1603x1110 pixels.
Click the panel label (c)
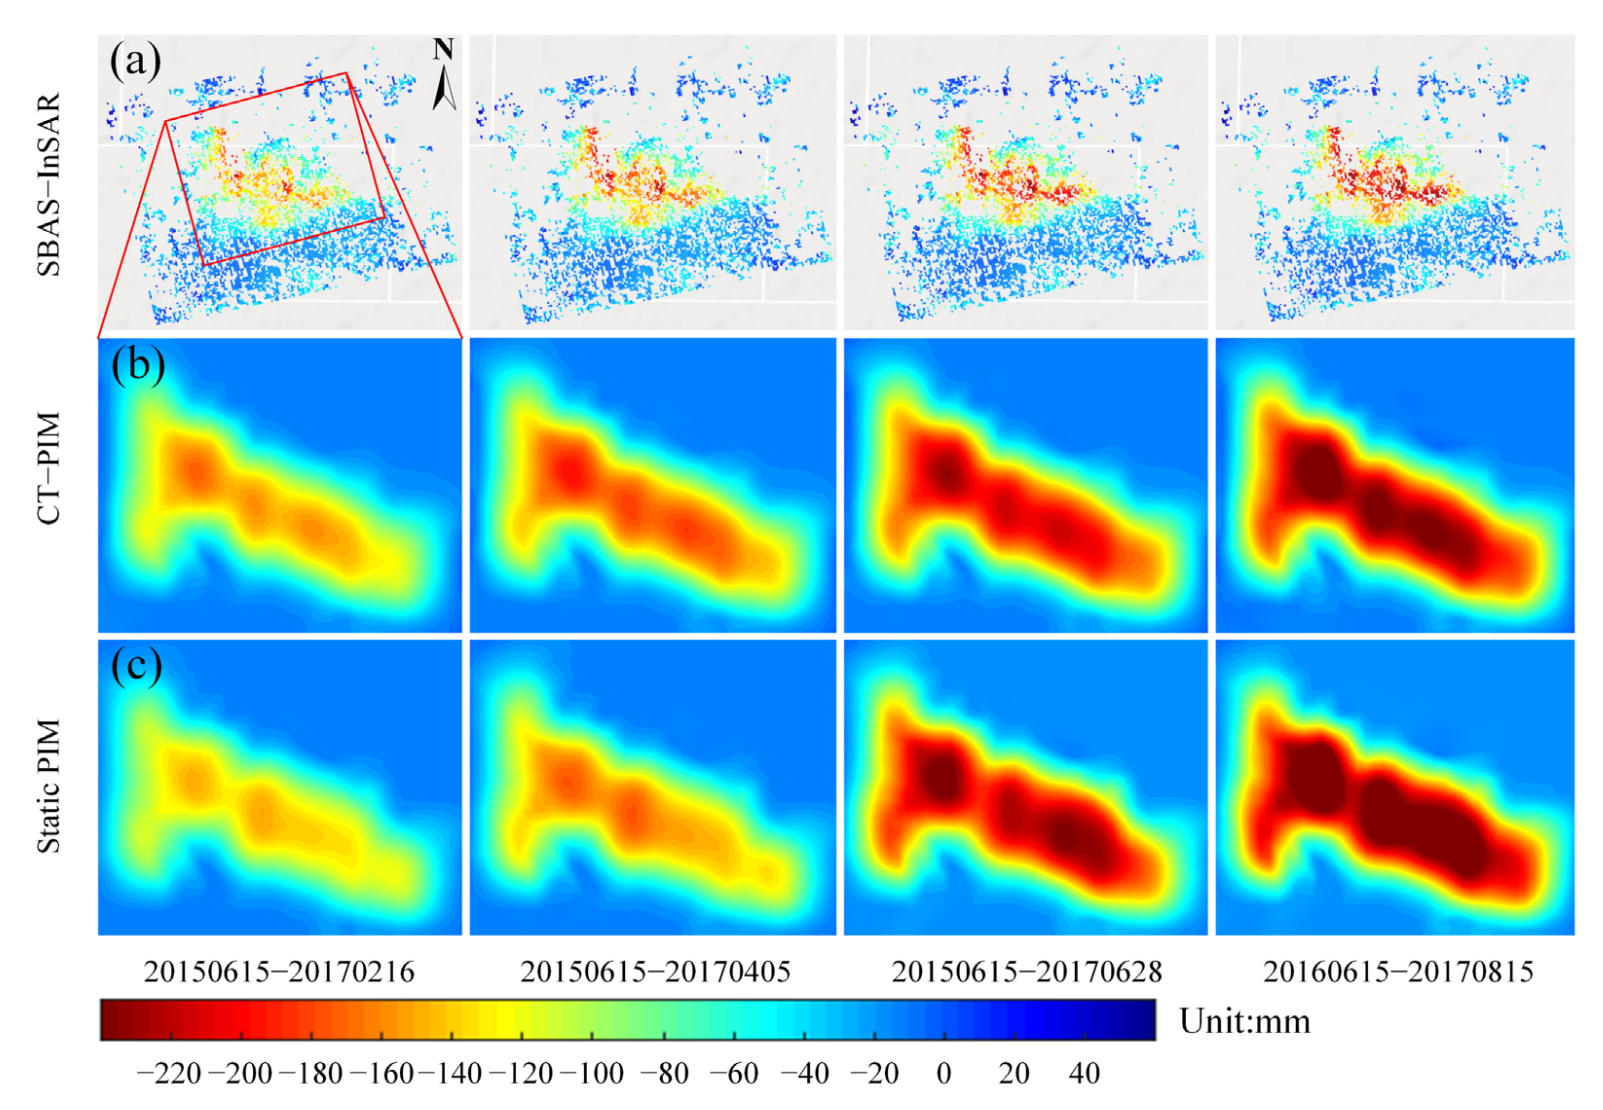[x=136, y=666]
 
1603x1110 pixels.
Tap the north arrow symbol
[x=444, y=87]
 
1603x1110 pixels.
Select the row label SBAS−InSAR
[x=49, y=185]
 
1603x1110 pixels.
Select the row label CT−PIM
[x=49, y=468]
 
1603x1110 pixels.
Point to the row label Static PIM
[x=49, y=785]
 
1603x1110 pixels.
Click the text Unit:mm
[x=1245, y=1021]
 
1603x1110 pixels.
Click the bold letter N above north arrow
[x=443, y=49]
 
